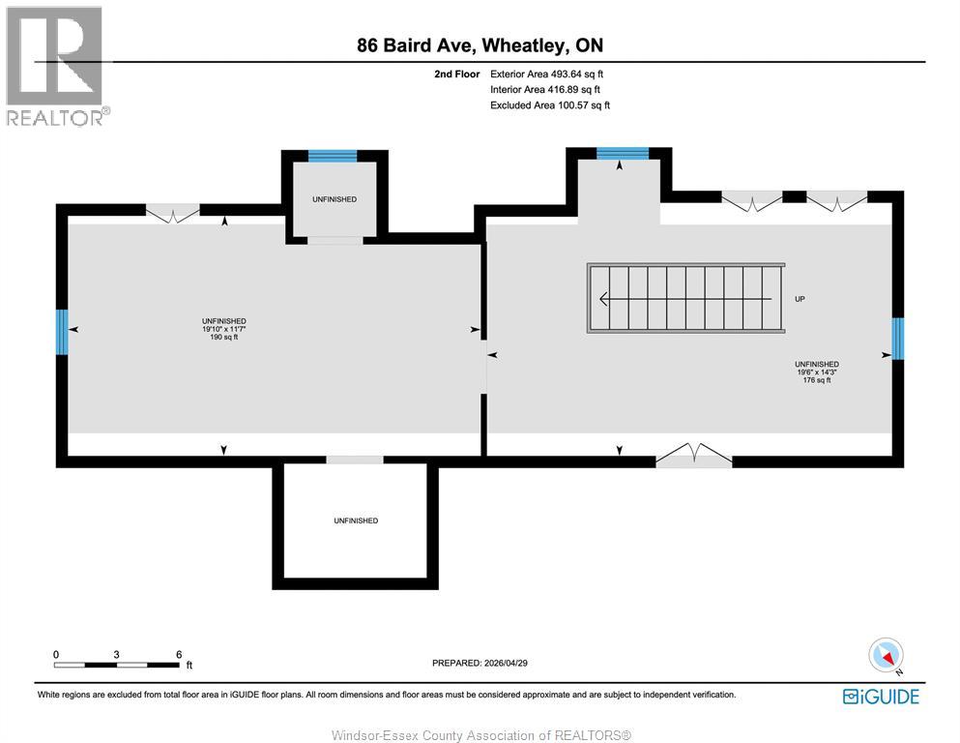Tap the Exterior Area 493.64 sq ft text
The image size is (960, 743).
(546, 74)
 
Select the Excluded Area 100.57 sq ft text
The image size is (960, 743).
(549, 105)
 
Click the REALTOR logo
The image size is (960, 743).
(56, 66)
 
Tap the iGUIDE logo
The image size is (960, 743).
(881, 696)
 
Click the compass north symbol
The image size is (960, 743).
(887, 656)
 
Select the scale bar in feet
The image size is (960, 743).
(116, 664)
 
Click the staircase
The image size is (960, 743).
(685, 299)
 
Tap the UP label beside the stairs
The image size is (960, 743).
(800, 300)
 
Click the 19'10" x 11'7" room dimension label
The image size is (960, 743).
(224, 329)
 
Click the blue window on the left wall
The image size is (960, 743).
(62, 331)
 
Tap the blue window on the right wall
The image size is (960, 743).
(897, 339)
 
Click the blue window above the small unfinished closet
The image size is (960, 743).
(333, 156)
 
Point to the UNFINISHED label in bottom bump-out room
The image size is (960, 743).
(355, 520)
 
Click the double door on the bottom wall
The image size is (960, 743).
(693, 456)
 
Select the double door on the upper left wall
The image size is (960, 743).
(172, 213)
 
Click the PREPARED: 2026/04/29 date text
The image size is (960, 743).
(480, 663)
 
